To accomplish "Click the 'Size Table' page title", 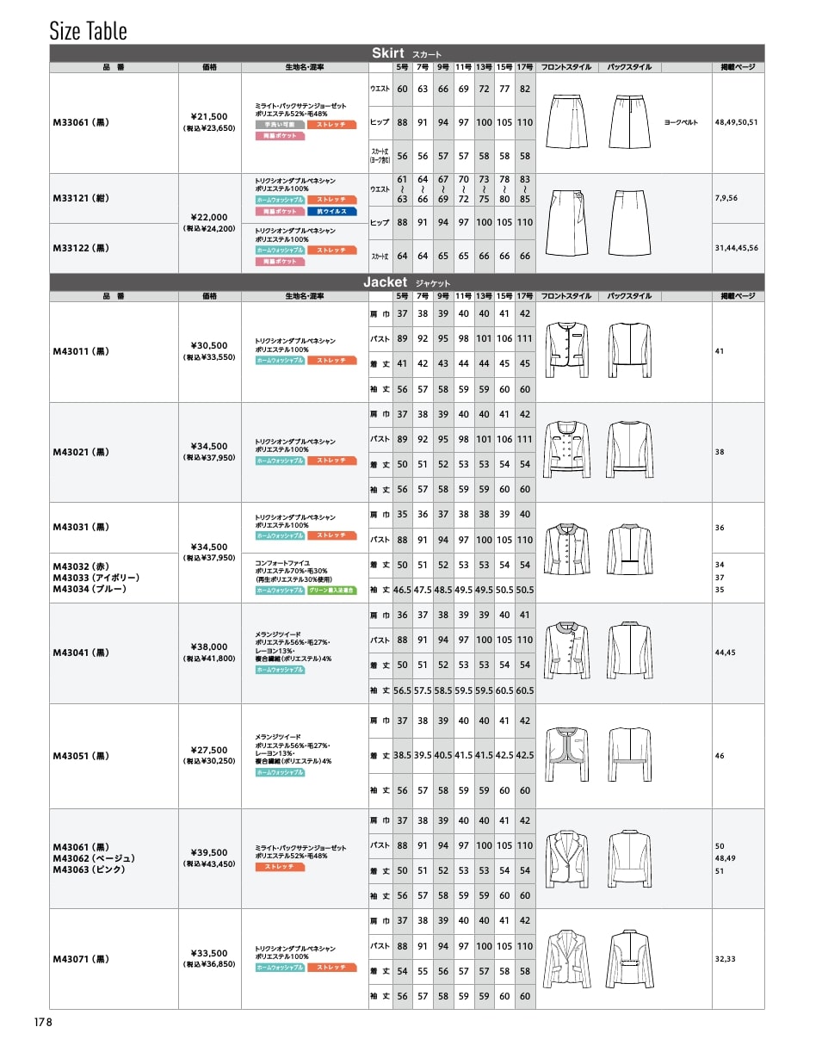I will pos(88,31).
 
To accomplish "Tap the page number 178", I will pos(44,1022).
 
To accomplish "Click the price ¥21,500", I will pos(209,116).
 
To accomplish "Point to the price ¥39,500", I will pos(209,852).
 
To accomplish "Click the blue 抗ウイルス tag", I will pos(331,211).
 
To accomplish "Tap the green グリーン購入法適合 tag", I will pos(331,591).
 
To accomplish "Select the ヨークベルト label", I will pos(681,122).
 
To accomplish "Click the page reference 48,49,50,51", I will pos(736,122).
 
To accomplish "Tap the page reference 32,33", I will pos(725,958).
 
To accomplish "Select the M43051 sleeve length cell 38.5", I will pos(402,755).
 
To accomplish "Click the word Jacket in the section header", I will pos(385,282).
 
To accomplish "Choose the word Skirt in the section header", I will pos(387,53).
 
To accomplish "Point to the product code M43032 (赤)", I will pos(81,566).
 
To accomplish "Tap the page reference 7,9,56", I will pos(726,198).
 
